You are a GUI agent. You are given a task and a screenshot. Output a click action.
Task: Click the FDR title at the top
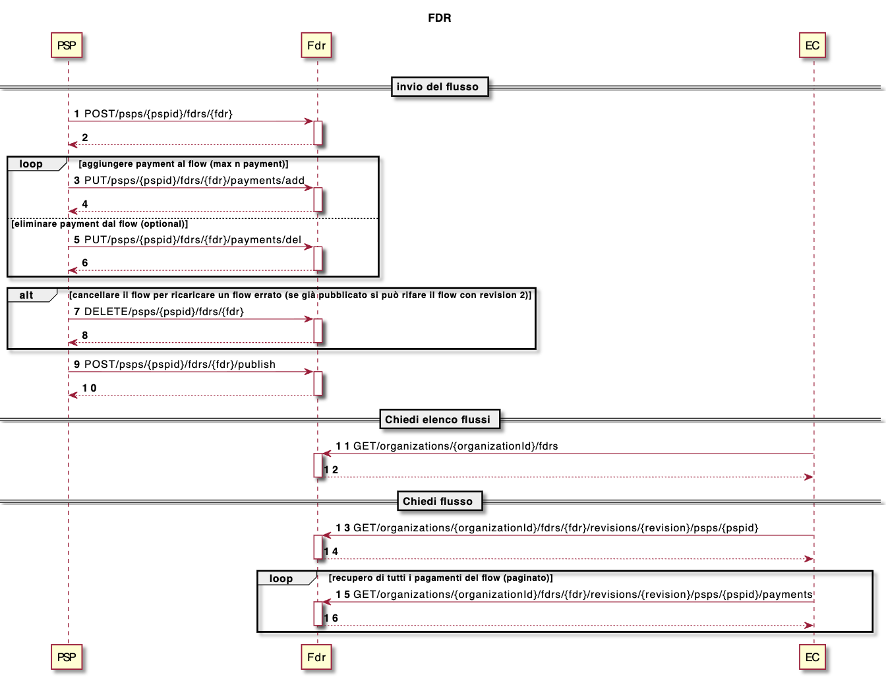(440, 18)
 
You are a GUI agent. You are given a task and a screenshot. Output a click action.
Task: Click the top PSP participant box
(67, 45)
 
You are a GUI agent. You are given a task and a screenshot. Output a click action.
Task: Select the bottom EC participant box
(812, 657)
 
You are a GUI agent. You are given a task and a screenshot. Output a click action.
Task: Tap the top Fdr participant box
(316, 45)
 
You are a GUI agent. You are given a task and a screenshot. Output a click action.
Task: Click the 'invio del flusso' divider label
(438, 86)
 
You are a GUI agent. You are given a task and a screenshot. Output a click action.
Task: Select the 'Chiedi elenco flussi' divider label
(438, 419)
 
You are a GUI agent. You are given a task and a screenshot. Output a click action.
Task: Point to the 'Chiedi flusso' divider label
(438, 501)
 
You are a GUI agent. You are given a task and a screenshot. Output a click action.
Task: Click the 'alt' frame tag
(26, 295)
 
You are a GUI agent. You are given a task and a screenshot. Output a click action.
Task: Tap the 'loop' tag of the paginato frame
(281, 578)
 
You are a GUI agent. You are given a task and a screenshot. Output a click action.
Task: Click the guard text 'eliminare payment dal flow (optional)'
(100, 224)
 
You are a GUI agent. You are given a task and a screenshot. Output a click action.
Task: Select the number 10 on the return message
(90, 388)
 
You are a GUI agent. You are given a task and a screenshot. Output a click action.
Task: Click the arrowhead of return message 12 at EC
(809, 477)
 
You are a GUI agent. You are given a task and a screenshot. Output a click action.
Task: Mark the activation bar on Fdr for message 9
(318, 384)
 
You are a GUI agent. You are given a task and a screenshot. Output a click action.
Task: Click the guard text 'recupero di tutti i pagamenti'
(440, 578)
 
